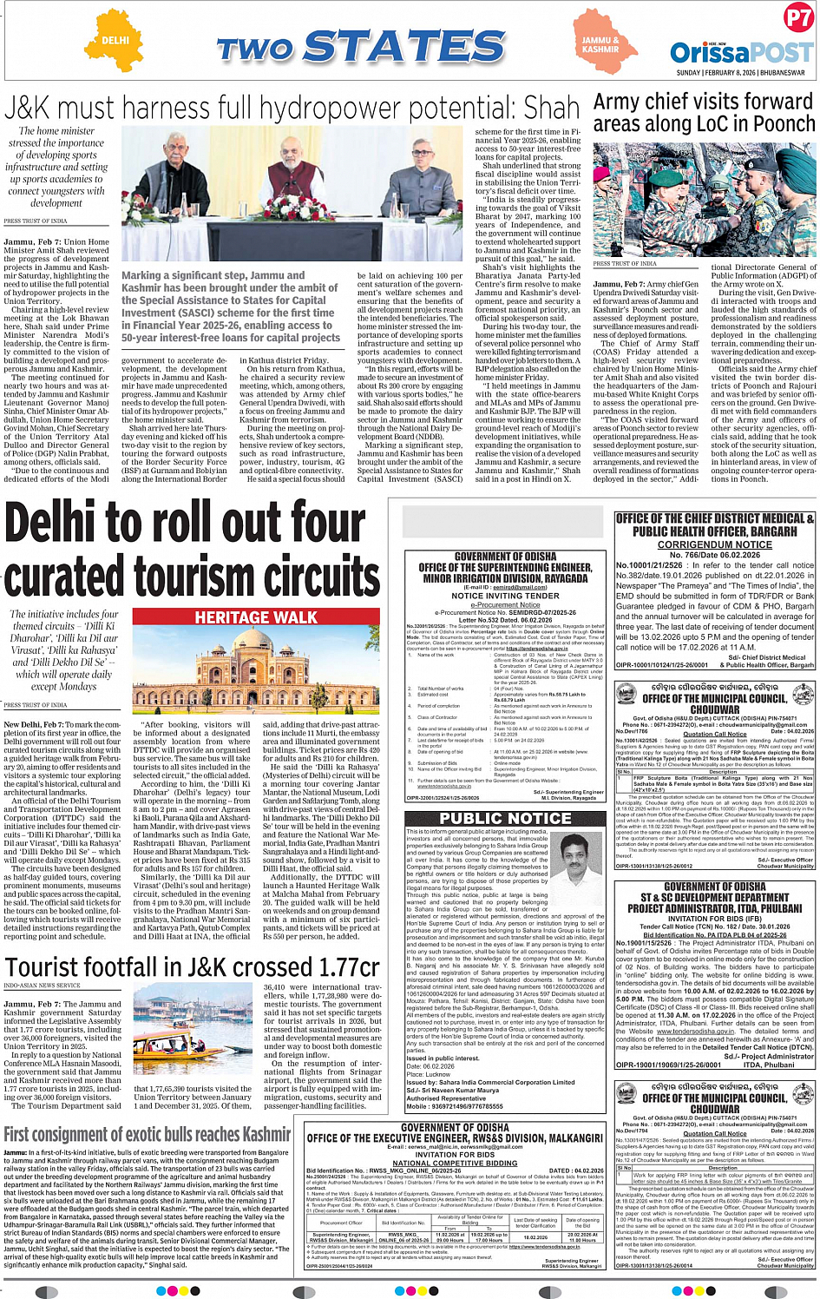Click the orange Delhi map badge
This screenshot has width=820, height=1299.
click(115, 41)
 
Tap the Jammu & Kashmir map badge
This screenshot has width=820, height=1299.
click(600, 44)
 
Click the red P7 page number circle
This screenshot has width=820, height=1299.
click(797, 18)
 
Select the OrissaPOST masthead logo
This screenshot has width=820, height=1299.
click(741, 53)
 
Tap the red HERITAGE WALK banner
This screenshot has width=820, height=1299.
click(256, 617)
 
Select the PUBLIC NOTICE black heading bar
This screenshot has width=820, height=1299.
click(505, 818)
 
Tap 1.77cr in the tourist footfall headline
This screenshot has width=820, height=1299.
click(337, 967)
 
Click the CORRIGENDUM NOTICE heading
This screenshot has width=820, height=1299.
click(714, 544)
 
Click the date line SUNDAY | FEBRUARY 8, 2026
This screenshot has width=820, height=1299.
click(740, 73)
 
